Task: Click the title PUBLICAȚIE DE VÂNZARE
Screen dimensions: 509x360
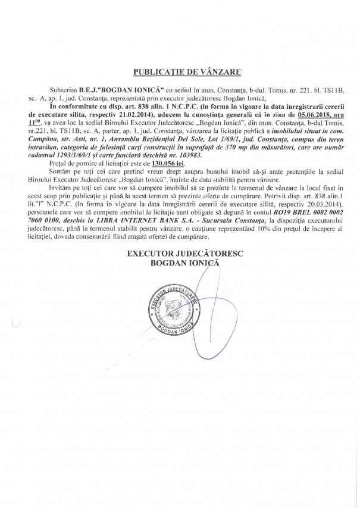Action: (179, 72)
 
